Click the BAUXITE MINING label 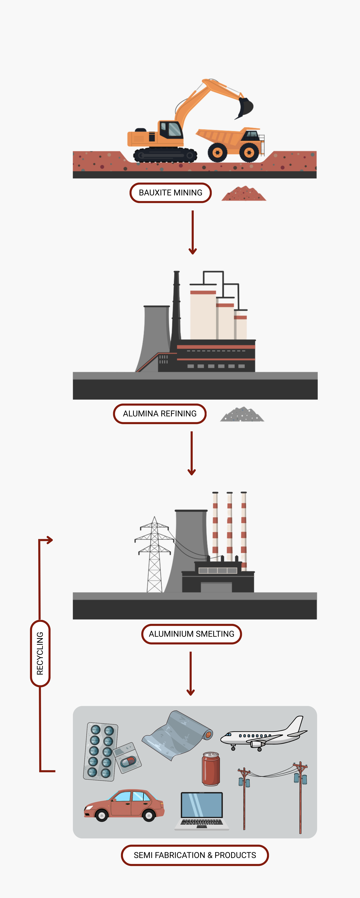[170, 193]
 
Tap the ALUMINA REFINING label [160, 414]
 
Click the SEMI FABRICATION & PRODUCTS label [195, 855]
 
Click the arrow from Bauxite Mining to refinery [192, 232]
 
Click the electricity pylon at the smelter [154, 554]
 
